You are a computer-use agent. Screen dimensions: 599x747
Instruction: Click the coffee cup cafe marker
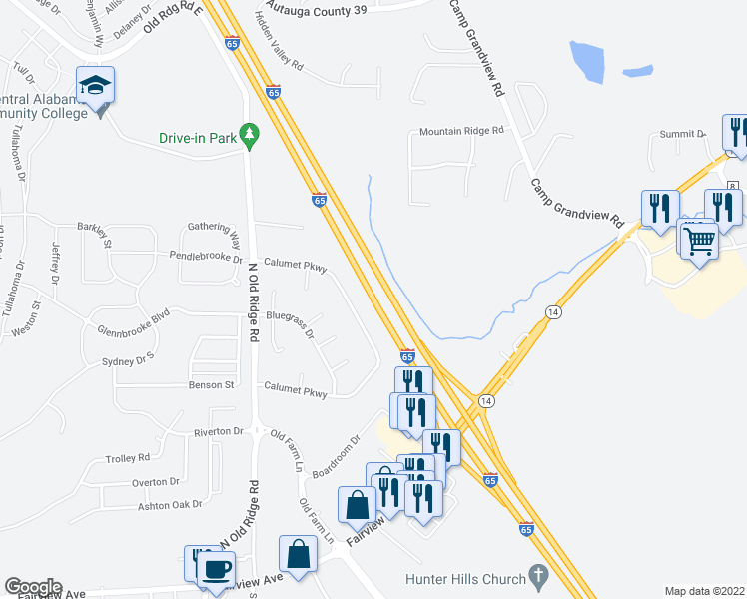[217, 569]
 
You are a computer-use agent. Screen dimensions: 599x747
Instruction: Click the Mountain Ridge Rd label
[462, 131]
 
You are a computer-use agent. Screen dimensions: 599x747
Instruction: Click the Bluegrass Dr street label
[292, 321]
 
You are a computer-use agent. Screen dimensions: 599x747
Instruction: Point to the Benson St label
[211, 384]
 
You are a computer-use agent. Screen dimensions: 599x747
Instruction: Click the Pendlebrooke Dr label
[206, 257]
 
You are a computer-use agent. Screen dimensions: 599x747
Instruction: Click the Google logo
[33, 587]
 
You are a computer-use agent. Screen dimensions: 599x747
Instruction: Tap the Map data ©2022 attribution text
[704, 591]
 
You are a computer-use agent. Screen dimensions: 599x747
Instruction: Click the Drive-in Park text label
[198, 138]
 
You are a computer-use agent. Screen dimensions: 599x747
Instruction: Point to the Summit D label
[681, 133]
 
